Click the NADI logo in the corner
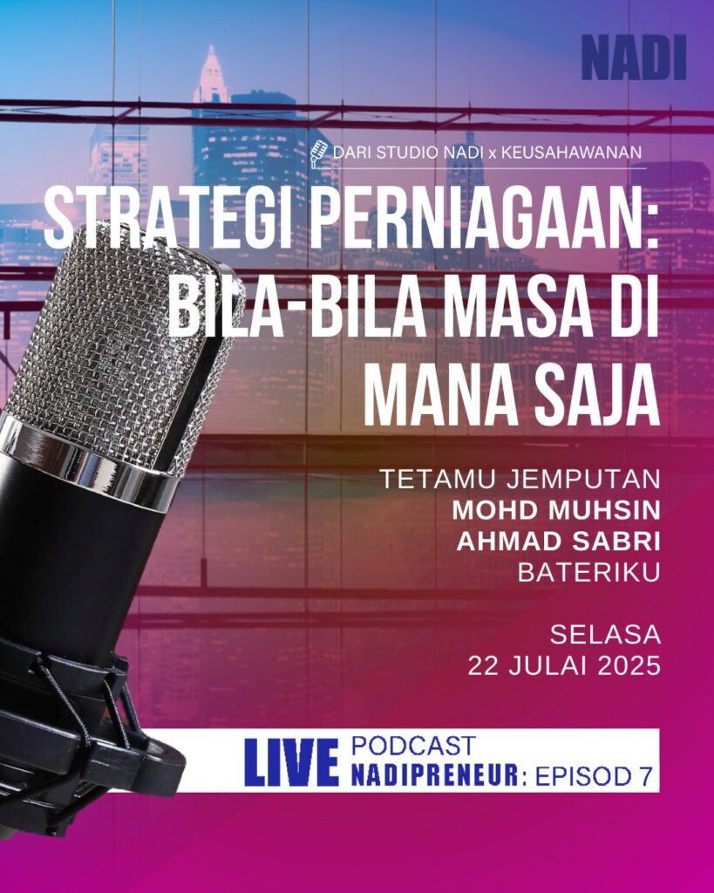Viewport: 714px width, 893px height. click(634, 58)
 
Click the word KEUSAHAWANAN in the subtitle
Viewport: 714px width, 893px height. click(571, 153)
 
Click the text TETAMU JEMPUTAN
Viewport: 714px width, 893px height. click(520, 480)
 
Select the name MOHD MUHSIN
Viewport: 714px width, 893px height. click(556, 511)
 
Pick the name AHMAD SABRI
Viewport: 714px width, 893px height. click(559, 542)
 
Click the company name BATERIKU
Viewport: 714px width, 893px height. click(588, 573)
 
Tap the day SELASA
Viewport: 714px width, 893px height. click(605, 635)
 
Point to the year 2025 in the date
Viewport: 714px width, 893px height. click(629, 665)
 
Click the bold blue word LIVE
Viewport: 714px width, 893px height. click(291, 761)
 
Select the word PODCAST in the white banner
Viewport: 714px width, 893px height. click(413, 746)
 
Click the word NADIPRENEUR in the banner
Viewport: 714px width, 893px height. click(435, 775)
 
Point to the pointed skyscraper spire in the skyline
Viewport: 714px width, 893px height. click(212, 73)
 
